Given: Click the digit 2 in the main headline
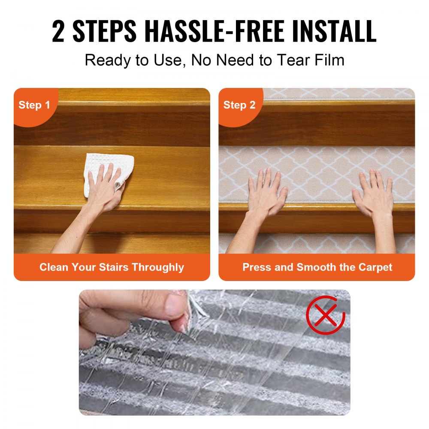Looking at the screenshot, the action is point(58,31).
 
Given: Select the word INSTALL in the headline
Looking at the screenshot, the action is point(334,31).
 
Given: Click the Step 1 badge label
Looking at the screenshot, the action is point(34,105).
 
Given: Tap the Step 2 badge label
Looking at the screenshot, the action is point(239,105).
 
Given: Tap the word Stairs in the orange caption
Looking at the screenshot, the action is point(113,267).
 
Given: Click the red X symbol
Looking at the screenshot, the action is point(325,315).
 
